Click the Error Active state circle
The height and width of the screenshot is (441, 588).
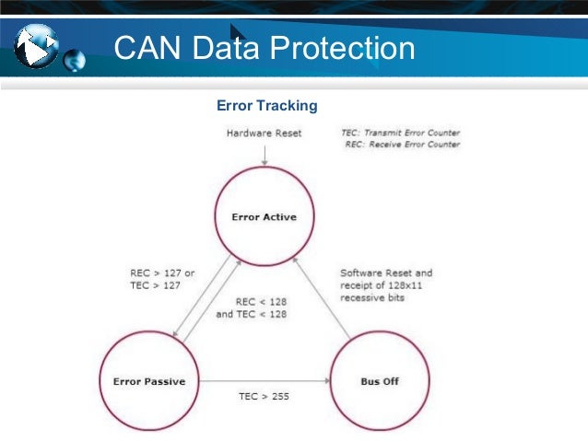tap(264, 217)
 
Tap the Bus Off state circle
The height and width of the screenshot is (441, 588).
tap(380, 381)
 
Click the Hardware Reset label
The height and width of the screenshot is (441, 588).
tap(264, 133)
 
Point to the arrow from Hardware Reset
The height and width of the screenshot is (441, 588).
tap(264, 156)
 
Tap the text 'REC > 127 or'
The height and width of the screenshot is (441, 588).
tap(162, 273)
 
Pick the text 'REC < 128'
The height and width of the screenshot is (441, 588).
tap(261, 301)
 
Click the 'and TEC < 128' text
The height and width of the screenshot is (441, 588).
tap(251, 314)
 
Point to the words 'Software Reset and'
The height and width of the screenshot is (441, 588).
tap(386, 273)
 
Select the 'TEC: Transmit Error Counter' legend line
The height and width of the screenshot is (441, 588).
tap(400, 133)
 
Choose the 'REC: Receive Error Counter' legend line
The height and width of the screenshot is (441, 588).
tap(402, 145)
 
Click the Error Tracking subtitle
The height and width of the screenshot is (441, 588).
tap(265, 106)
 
